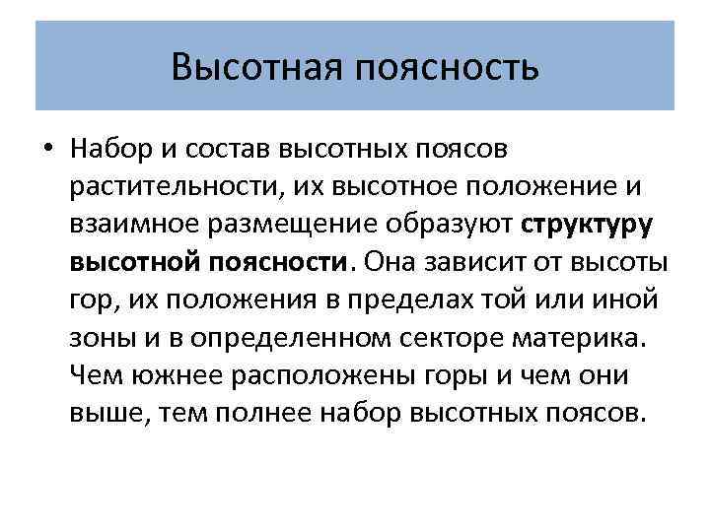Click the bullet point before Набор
coord(46,150)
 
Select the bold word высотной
coord(134,262)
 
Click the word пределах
coord(406,299)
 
